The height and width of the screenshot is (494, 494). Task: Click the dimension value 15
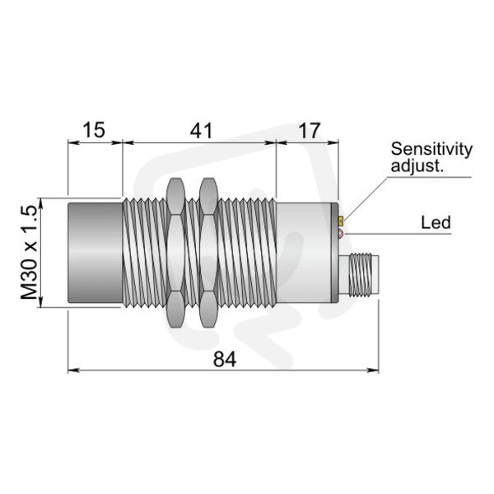click(94, 130)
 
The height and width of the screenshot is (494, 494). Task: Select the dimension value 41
click(201, 130)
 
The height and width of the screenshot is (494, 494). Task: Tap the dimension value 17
click(310, 130)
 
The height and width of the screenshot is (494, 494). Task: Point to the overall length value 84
click(224, 359)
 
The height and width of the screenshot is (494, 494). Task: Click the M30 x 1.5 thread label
click(30, 252)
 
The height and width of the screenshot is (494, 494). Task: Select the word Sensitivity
click(431, 150)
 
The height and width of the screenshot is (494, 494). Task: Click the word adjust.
click(417, 165)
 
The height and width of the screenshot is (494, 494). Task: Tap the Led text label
click(436, 222)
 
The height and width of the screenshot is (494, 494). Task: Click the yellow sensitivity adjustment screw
click(341, 221)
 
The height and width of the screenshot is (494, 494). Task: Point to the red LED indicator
click(341, 234)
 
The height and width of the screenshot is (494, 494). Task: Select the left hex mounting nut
click(175, 253)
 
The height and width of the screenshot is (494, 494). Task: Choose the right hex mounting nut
click(208, 253)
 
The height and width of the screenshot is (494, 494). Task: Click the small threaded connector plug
click(359, 275)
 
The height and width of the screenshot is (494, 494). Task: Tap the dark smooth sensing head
click(96, 253)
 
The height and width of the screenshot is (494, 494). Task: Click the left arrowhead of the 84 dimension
click(73, 370)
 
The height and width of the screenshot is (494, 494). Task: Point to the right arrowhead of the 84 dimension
click(373, 370)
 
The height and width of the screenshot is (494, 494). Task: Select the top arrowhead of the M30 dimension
click(40, 203)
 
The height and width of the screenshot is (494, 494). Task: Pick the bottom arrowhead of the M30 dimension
click(40, 302)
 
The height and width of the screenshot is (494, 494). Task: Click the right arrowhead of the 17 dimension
click(333, 142)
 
